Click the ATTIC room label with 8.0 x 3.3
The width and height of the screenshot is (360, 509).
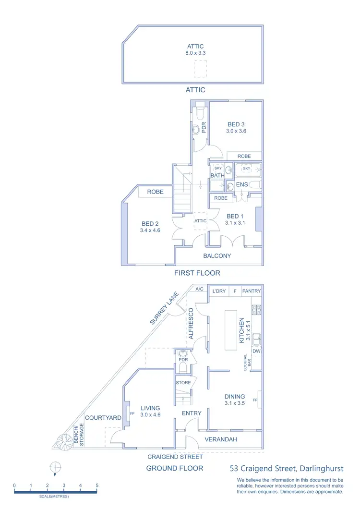tap(195, 47)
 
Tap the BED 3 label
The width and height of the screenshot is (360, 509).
tap(236, 124)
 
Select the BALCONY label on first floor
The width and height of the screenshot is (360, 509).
tap(217, 256)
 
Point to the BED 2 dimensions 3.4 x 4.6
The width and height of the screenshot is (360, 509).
tap(150, 230)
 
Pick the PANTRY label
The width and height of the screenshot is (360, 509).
tap(252, 291)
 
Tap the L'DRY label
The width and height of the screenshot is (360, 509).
tap(219, 291)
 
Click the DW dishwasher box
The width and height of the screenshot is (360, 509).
tap(256, 351)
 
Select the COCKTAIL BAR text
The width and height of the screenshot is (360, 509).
tap(247, 361)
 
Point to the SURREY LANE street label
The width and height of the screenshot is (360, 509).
tap(164, 308)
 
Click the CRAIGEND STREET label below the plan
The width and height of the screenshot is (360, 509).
tap(175, 457)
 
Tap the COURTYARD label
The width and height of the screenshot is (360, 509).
tap(103, 418)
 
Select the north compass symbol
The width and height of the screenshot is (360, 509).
tap(56, 466)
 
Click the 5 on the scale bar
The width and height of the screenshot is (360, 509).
tap(97, 486)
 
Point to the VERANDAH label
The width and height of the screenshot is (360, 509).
tap(221, 439)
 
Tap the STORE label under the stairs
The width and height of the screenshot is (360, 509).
tap(184, 383)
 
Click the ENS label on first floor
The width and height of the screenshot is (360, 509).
tap(242, 184)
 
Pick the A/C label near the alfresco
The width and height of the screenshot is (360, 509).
tap(199, 290)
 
